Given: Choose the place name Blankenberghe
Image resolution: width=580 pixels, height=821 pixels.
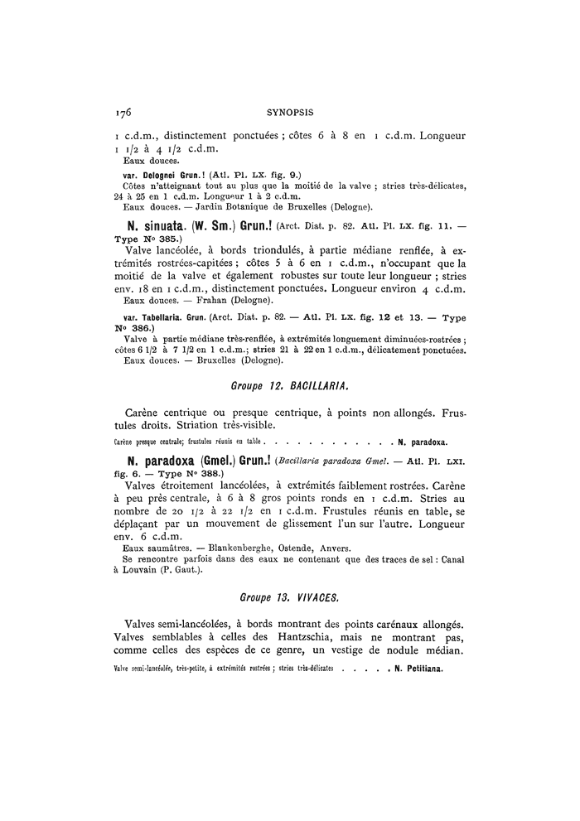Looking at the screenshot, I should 233,548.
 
